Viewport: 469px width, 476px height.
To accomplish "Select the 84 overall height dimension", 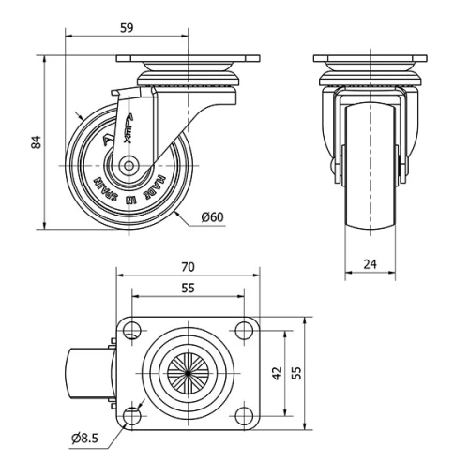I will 36,141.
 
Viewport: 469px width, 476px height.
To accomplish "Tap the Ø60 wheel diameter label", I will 212,218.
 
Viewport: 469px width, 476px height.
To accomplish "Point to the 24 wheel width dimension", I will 370,264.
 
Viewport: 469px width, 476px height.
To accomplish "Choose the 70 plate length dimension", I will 188,266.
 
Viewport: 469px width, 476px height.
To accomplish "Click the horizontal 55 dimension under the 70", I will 188,289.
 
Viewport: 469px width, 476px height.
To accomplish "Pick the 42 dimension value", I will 278,373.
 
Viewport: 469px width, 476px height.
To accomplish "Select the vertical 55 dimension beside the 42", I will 297,373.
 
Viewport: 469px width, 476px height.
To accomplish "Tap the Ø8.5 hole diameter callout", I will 85,437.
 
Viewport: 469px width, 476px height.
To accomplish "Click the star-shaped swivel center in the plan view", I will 188,373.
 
